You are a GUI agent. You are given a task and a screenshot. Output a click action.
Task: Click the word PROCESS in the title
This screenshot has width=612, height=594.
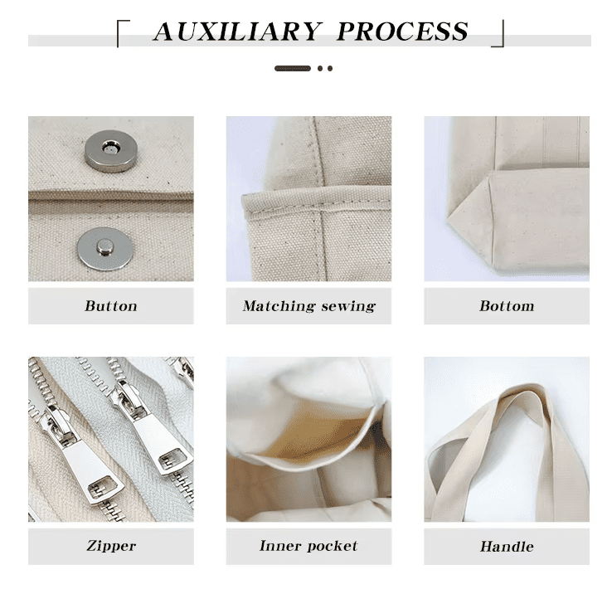coord(403,32)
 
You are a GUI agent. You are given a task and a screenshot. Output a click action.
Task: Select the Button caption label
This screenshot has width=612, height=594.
coord(110,306)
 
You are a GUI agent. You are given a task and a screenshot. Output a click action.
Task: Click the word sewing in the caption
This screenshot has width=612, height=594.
coord(347,306)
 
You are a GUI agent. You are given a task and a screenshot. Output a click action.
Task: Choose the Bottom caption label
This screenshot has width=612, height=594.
coord(507,306)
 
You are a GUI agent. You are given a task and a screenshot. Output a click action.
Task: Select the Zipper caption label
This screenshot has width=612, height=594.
coord(110,546)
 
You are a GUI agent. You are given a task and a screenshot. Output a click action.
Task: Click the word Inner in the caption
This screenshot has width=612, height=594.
coord(279,546)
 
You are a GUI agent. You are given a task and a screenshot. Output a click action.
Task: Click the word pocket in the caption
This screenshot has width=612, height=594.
coord(332,546)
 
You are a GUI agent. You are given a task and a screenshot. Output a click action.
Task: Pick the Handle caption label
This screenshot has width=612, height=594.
coord(507,547)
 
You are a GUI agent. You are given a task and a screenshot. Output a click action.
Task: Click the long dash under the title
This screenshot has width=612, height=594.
coord(293,68)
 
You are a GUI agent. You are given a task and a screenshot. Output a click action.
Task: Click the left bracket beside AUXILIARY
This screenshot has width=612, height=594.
coord(122,34)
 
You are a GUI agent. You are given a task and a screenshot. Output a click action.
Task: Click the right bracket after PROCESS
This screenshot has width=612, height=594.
coord(498,34)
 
